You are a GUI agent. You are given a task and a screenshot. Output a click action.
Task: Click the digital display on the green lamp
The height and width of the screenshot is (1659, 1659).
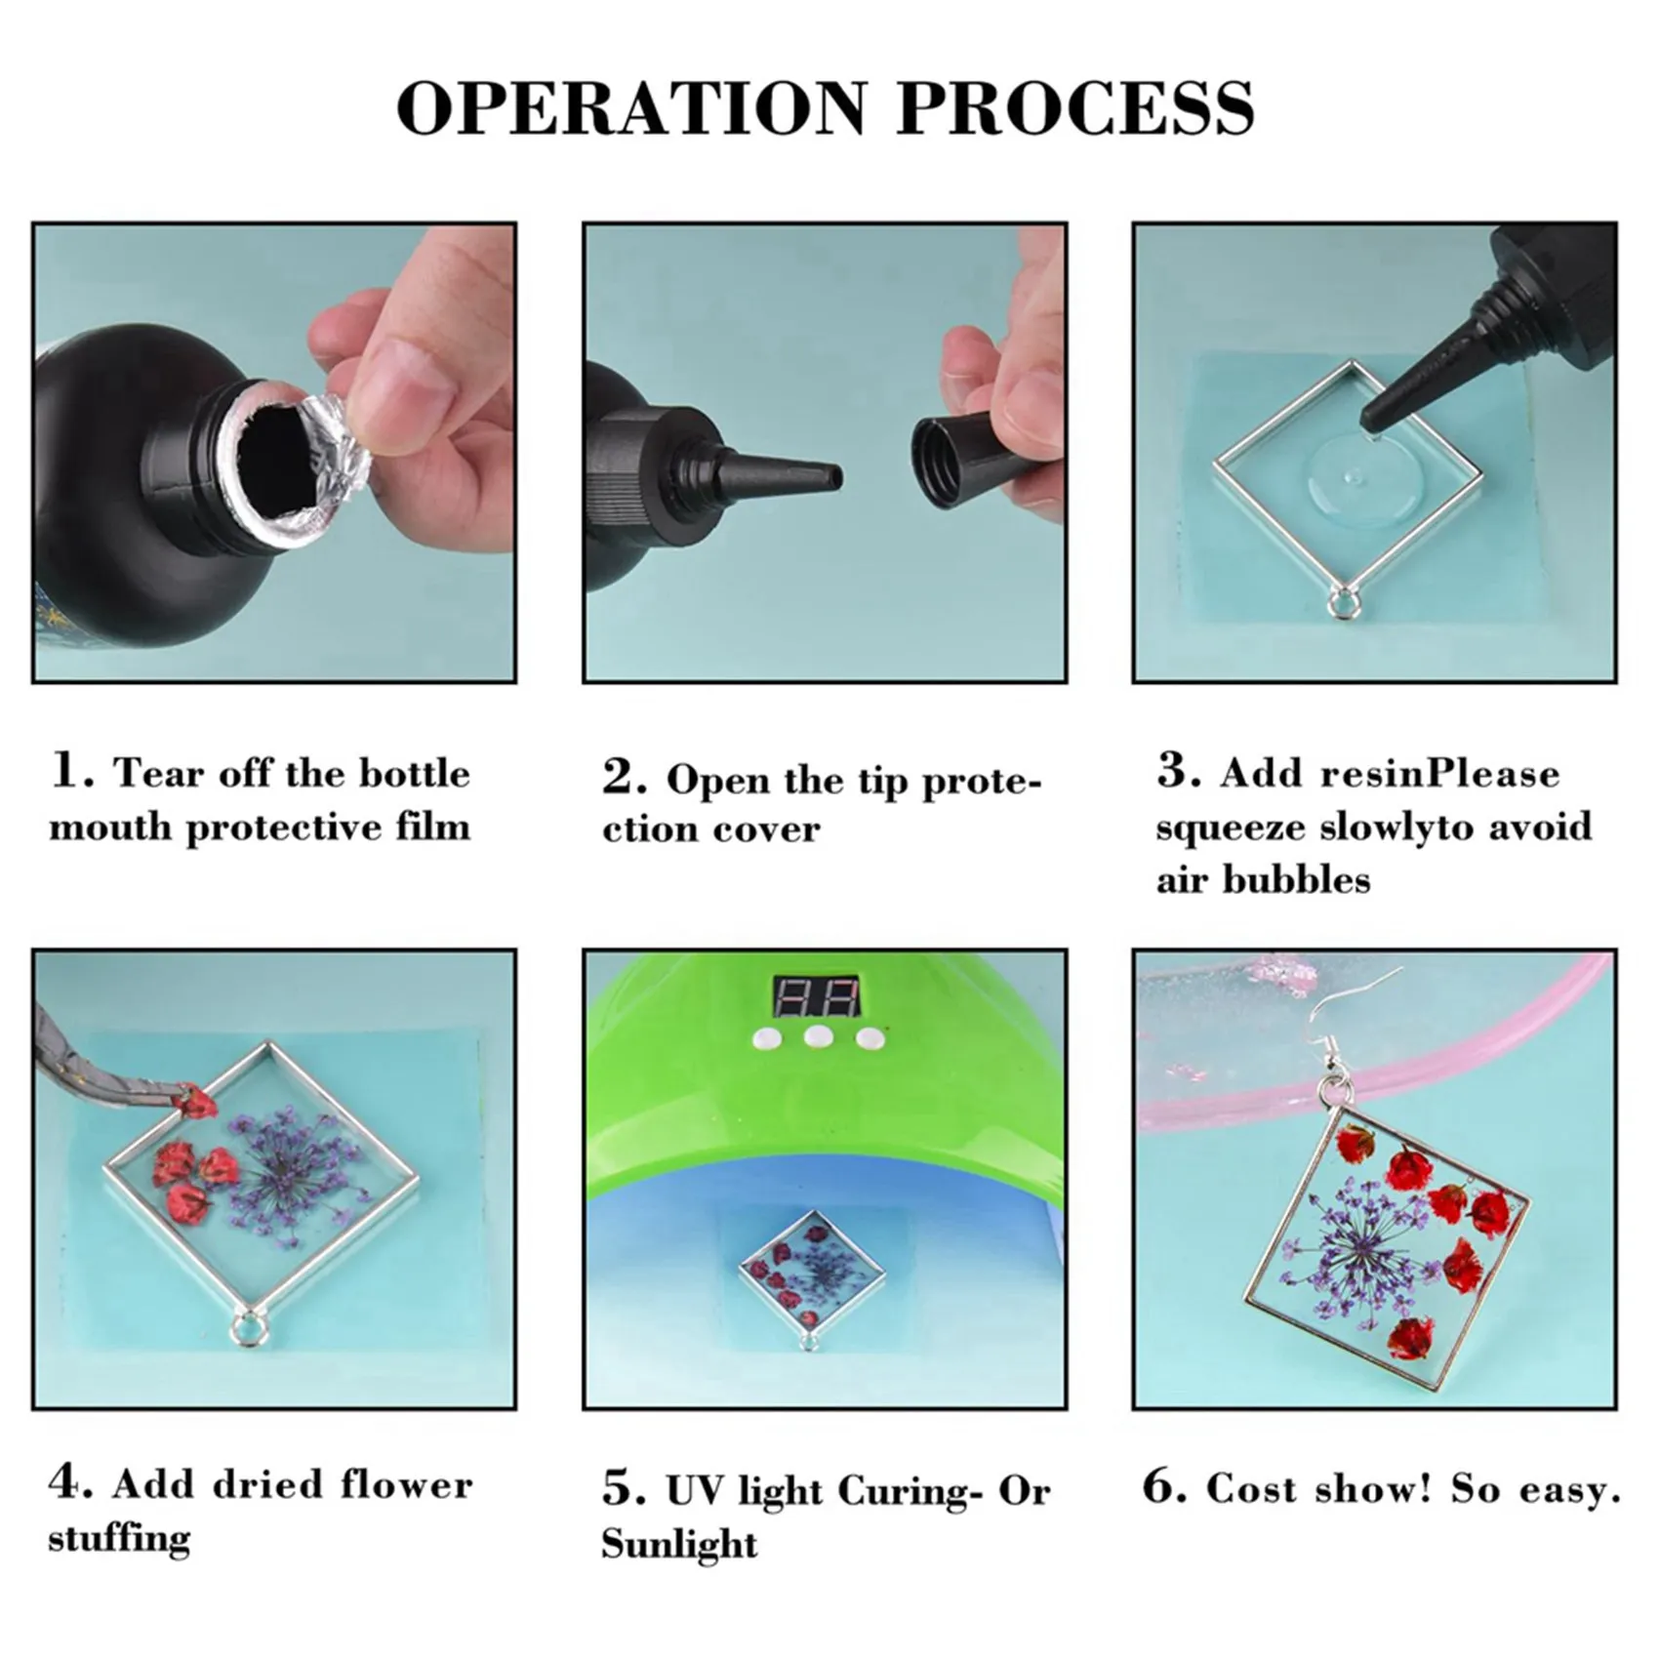tap(817, 996)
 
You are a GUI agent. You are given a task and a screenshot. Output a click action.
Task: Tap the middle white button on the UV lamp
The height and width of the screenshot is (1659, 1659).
tap(818, 1036)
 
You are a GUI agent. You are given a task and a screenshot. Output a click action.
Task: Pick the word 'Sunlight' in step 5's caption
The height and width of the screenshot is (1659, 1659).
tap(679, 1545)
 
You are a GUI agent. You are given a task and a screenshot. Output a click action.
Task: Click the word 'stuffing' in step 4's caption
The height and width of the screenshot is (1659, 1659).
tap(119, 1539)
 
